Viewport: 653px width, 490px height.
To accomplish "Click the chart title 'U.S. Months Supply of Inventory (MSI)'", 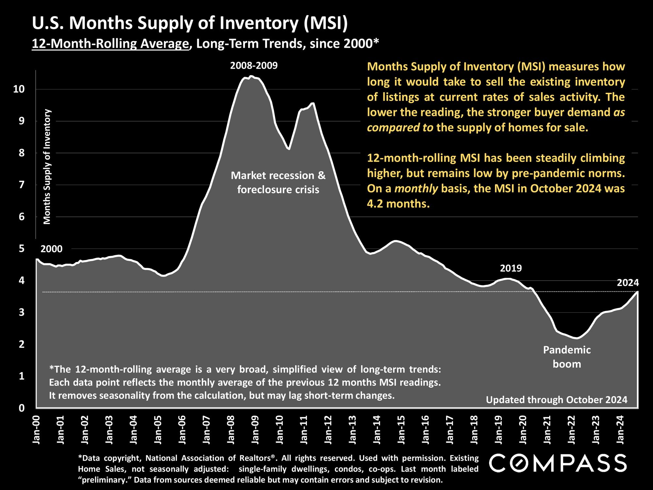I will [x=190, y=24].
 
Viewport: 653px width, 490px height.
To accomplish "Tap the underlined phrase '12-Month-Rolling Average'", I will [x=110, y=43].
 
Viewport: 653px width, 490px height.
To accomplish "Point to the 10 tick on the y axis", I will [x=19, y=89].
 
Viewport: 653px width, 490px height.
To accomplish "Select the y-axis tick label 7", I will [x=22, y=185].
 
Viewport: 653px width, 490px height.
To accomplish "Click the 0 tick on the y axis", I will [x=22, y=408].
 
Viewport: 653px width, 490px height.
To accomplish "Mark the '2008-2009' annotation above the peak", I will [x=254, y=66].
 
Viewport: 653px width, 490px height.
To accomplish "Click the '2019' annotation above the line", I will [x=511, y=269].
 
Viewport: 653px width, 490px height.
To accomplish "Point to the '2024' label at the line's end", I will [x=628, y=283].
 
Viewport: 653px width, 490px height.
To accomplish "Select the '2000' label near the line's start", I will [x=51, y=249].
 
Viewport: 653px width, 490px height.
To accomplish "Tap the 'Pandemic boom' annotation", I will [x=567, y=357].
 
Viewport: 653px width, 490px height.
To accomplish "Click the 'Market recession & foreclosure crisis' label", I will [x=278, y=182].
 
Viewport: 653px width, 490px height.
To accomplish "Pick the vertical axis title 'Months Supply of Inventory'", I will [x=47, y=167].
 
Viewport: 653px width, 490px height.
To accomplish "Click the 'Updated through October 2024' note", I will [x=557, y=400].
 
